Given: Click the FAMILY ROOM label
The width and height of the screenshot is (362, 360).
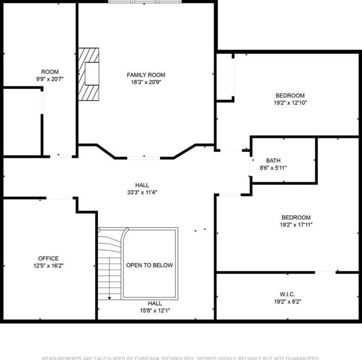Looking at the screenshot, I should [x=146, y=75].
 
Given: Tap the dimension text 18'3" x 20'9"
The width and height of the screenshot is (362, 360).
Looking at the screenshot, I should [x=146, y=82].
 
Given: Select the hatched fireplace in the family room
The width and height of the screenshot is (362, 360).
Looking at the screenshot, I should [x=89, y=74].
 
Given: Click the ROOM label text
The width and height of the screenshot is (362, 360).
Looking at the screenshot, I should [x=50, y=72].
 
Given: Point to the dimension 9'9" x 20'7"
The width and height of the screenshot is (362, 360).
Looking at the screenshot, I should [x=50, y=79].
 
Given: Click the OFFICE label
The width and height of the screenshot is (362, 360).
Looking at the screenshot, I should [x=48, y=258].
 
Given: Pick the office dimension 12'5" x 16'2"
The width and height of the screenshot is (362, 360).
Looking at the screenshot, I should [x=48, y=265].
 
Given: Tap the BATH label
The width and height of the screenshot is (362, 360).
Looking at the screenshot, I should [x=273, y=160].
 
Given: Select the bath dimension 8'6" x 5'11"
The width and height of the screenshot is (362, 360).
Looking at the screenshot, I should [x=273, y=167].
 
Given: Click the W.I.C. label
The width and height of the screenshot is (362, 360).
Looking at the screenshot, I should [x=287, y=294].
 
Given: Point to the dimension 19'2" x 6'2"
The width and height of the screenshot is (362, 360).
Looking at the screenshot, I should [x=287, y=301].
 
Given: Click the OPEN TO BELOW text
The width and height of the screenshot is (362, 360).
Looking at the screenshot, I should [x=149, y=265].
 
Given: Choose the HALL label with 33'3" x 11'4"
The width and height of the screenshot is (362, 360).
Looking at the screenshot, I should [x=142, y=185].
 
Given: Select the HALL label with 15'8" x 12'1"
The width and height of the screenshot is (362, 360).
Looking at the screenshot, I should [x=155, y=303].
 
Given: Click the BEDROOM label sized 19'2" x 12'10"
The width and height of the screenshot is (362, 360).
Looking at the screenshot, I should [x=290, y=96].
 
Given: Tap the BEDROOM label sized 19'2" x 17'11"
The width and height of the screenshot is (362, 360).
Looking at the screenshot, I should [x=296, y=217].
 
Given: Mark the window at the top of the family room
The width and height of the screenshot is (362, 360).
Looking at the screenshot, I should [x=145, y=2].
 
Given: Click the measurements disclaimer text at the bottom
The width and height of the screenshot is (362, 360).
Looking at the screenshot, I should [x=180, y=358].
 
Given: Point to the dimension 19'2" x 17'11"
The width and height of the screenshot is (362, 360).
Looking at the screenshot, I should [x=296, y=225].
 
